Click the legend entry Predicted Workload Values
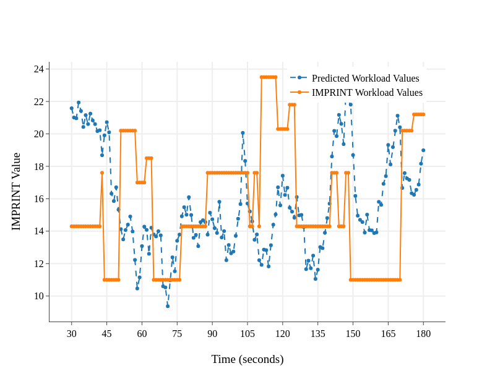pyautogui.click(x=365, y=78)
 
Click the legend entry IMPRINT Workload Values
pyautogui.click(x=367, y=93)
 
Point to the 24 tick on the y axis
pyautogui.click(x=39, y=69)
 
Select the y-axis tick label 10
pyautogui.click(x=39, y=296)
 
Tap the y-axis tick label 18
pyautogui.click(x=39, y=166)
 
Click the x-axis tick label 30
pyautogui.click(x=72, y=334)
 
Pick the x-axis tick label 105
pyautogui.click(x=247, y=334)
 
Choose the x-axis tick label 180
pyautogui.click(x=423, y=334)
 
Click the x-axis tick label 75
pyautogui.click(x=177, y=334)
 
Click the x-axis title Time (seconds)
pyautogui.click(x=247, y=359)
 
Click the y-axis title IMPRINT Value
pyautogui.click(x=17, y=192)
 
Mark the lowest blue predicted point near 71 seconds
pyautogui.click(x=168, y=306)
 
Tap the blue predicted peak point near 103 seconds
pyautogui.click(x=243, y=133)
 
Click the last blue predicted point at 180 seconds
pyautogui.click(x=423, y=150)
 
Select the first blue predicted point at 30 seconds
pyautogui.click(x=72, y=108)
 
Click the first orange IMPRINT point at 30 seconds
pyautogui.click(x=72, y=226)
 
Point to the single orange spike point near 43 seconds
pyautogui.click(x=102, y=173)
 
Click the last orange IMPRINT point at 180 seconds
pyautogui.click(x=423, y=114)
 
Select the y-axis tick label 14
pyautogui.click(x=39, y=231)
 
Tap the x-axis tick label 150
pyautogui.click(x=353, y=334)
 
